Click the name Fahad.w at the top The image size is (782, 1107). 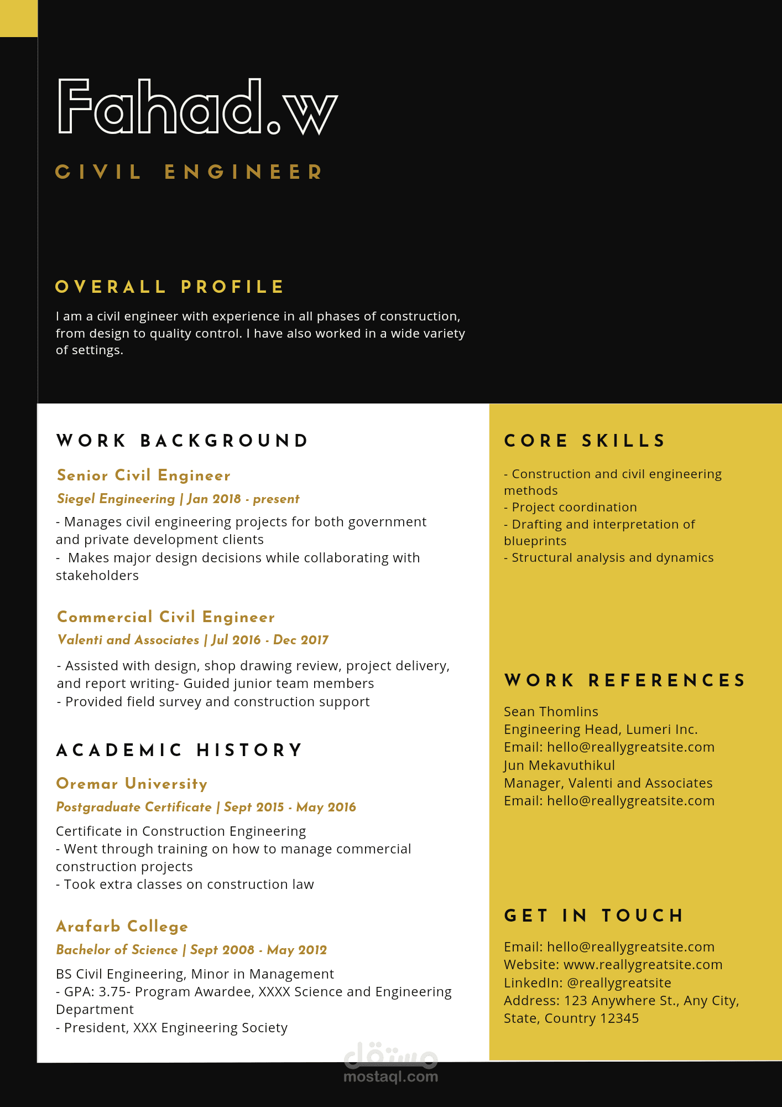197,106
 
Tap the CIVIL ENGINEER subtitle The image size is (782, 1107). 189,172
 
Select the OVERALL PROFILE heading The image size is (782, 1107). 170,287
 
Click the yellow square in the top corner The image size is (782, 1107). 18,18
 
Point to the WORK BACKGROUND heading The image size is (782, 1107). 183,441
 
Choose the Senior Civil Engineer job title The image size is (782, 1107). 144,475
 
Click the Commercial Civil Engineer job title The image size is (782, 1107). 166,617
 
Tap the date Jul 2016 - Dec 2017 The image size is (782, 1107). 270,640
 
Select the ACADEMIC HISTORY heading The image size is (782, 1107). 180,750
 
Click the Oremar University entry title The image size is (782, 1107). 132,784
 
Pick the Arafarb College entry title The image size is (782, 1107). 122,927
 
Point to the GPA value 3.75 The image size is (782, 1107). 112,992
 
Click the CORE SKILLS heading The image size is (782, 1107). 585,441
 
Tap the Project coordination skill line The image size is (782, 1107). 574,508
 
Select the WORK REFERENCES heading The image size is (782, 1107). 625,680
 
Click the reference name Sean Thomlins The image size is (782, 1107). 551,712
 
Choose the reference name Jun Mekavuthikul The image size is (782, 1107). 559,765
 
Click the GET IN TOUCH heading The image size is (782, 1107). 594,915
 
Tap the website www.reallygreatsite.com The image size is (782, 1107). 643,965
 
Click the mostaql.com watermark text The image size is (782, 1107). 390,1077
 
